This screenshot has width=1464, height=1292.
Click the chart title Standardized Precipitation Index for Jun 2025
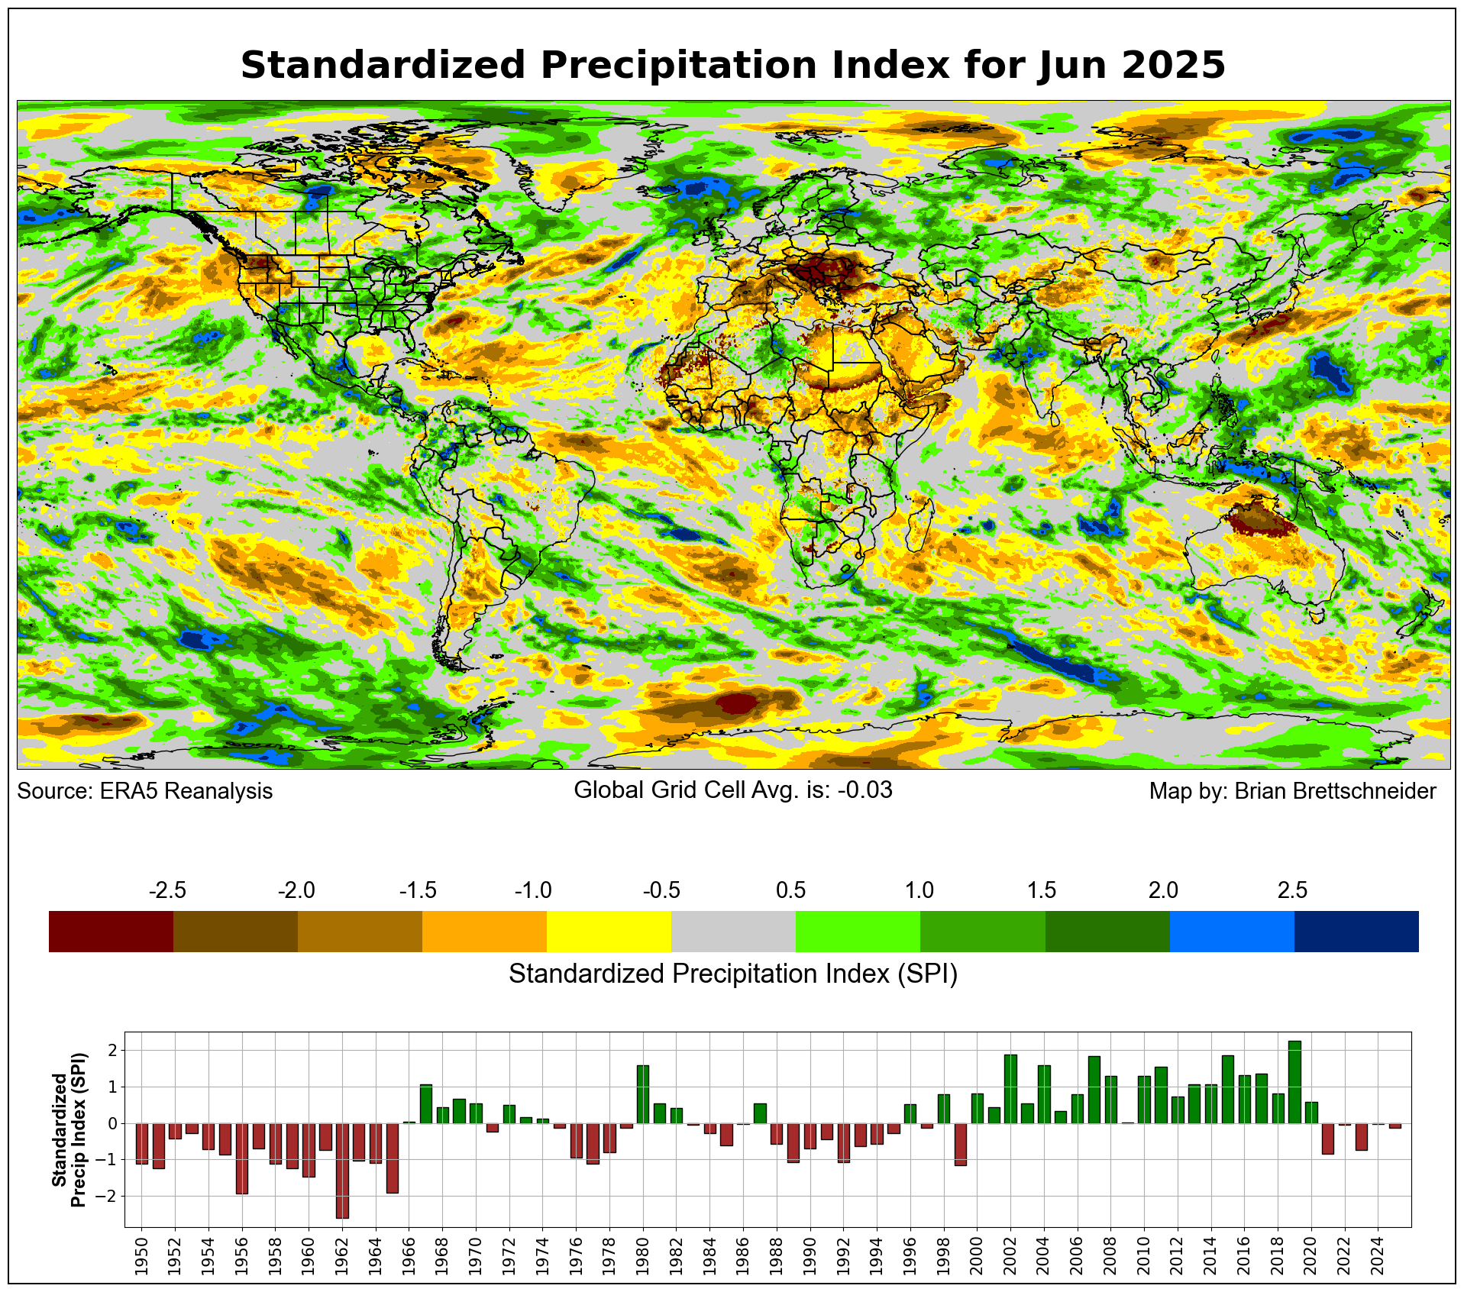(x=732, y=65)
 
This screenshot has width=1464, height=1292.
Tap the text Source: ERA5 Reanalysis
(x=144, y=791)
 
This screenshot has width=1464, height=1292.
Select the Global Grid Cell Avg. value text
(x=732, y=790)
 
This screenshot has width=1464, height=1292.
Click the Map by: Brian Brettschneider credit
(x=1292, y=791)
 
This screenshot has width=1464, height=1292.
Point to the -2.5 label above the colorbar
(x=167, y=890)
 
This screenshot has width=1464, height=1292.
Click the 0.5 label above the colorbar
(x=790, y=890)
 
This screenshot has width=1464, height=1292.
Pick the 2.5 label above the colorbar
(x=1292, y=890)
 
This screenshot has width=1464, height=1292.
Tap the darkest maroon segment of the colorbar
(x=111, y=931)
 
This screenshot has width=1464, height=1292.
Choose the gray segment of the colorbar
(x=733, y=931)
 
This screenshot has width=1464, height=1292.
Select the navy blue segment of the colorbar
(x=1356, y=931)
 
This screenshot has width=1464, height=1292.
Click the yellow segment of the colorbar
(x=609, y=931)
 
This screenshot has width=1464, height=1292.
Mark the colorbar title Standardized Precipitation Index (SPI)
(x=732, y=974)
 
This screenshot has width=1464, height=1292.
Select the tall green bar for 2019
(x=1294, y=1082)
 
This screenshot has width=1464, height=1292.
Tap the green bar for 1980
(x=642, y=1094)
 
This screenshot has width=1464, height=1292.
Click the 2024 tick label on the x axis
(x=1378, y=1253)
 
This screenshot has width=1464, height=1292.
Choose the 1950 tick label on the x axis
(x=141, y=1253)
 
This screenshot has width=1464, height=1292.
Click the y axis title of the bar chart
(x=69, y=1129)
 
